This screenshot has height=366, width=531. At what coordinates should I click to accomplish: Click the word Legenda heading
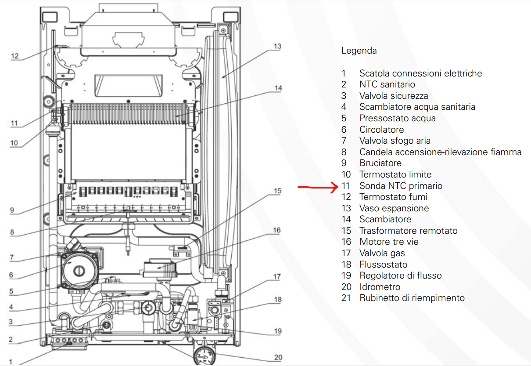tap(359, 51)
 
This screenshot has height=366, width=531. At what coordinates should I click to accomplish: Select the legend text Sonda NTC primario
tap(401, 186)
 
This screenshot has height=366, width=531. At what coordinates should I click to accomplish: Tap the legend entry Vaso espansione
tap(394, 208)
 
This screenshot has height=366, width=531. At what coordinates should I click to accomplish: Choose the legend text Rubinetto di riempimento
tap(412, 298)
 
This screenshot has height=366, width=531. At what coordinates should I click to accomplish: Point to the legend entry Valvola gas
tap(382, 253)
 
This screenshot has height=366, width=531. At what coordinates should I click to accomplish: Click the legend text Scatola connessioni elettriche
tap(420, 73)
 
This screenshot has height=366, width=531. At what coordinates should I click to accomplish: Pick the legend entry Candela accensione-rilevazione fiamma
tap(440, 152)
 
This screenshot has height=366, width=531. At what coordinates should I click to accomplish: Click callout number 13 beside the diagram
tap(277, 46)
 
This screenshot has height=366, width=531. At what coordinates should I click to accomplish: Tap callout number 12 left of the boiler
tap(15, 56)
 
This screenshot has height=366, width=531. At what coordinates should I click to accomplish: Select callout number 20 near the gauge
tap(278, 357)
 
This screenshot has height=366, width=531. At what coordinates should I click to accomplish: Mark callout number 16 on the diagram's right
tap(276, 230)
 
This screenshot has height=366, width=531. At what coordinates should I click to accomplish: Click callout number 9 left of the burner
tap(15, 211)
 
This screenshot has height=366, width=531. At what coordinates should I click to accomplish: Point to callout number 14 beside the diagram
tap(278, 88)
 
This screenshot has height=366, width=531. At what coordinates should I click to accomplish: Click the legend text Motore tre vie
tap(389, 242)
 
